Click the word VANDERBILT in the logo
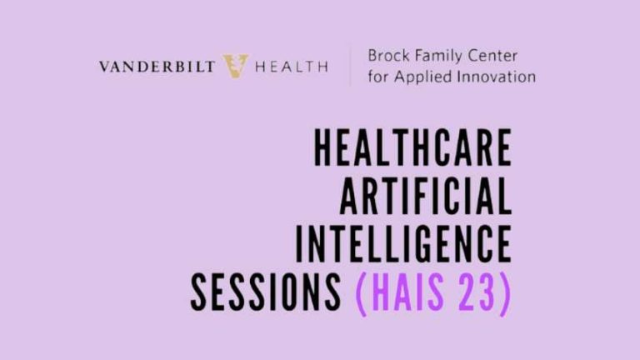click(158, 67)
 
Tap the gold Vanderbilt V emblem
click(235, 66)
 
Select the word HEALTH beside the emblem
click(290, 67)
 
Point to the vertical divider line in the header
click(349, 66)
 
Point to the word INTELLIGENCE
click(403, 244)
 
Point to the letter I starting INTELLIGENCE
click(300, 244)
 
